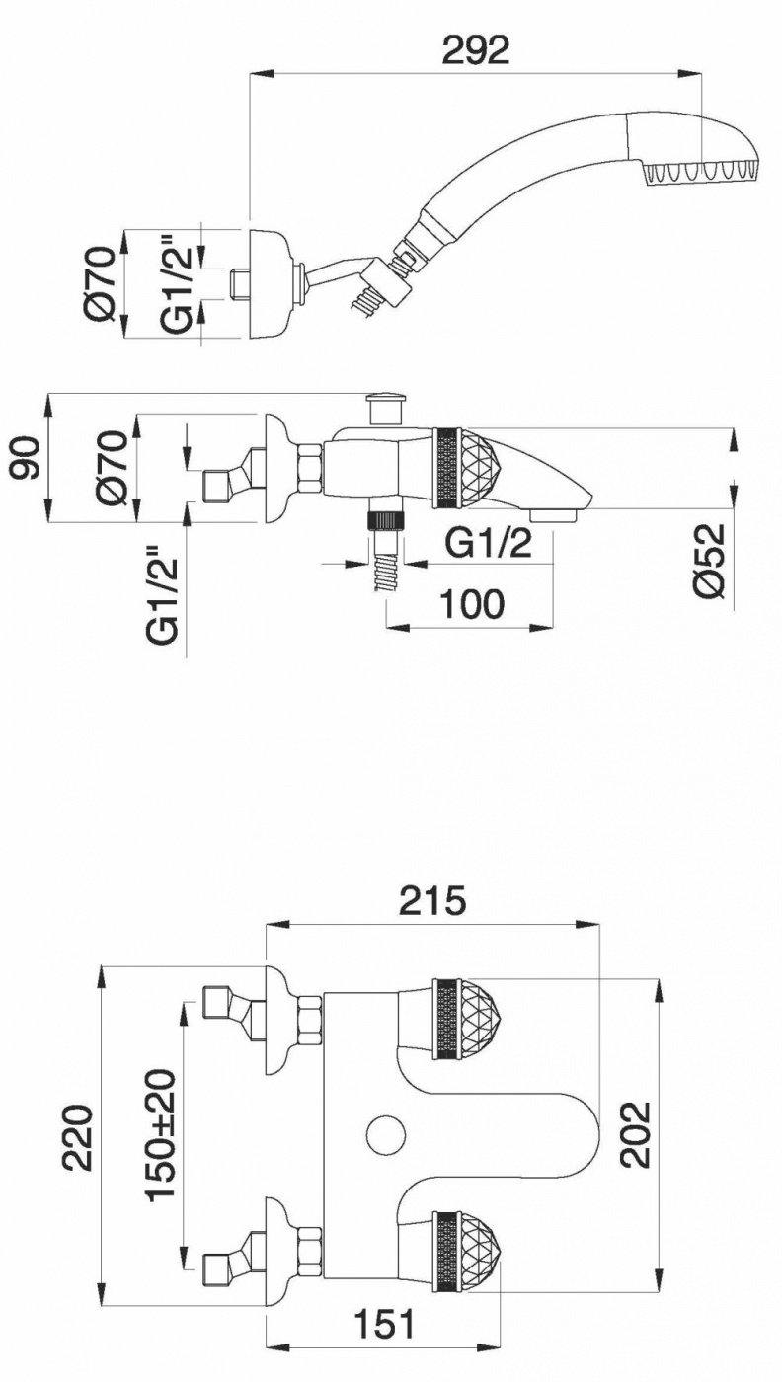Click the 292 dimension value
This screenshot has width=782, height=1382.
pos(476,50)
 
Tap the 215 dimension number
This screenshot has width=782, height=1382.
pos(432,900)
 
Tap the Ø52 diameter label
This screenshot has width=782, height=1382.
pos(708,561)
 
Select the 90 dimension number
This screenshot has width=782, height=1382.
pos(28,458)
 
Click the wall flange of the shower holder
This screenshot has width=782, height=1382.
pos(270,284)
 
